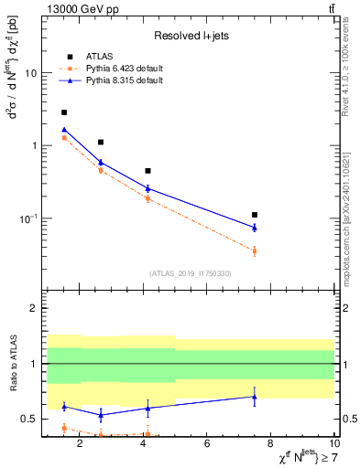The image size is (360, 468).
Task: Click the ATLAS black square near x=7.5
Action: (255, 215)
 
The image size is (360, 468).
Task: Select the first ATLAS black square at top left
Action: (64, 112)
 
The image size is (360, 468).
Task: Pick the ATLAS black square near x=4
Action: (147, 171)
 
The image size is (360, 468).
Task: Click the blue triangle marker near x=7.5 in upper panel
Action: (255, 227)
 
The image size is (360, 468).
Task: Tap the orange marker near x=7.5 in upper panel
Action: (255, 250)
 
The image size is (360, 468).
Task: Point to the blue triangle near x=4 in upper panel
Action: (147, 188)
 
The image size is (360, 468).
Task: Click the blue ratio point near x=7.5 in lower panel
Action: (255, 397)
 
